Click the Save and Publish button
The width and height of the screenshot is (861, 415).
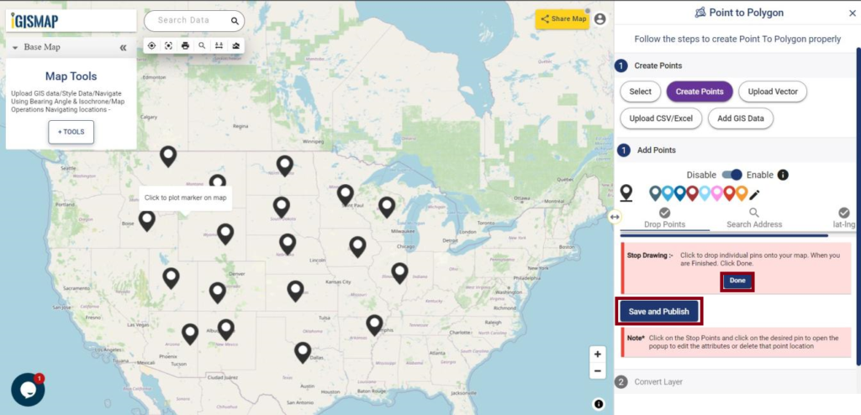click(x=659, y=311)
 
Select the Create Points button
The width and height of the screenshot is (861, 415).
click(x=700, y=92)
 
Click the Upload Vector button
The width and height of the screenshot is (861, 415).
click(x=773, y=92)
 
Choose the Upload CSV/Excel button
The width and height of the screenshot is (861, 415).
click(x=660, y=118)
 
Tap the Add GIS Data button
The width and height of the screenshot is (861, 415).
click(x=740, y=118)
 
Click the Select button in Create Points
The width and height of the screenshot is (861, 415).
click(x=640, y=92)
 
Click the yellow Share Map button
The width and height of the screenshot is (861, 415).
click(x=563, y=18)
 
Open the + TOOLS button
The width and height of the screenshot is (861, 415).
click(x=71, y=132)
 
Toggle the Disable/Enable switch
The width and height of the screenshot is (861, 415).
click(x=732, y=175)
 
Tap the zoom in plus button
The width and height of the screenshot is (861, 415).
click(x=597, y=354)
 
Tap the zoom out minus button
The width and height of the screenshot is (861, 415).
click(x=597, y=370)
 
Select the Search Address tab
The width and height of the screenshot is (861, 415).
click(x=754, y=224)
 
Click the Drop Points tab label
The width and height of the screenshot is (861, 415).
click(x=664, y=224)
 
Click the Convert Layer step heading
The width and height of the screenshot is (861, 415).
click(x=658, y=381)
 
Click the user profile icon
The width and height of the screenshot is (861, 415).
click(x=600, y=18)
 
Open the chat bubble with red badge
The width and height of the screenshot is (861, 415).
click(x=28, y=390)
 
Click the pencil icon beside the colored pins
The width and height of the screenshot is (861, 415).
click(x=755, y=194)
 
